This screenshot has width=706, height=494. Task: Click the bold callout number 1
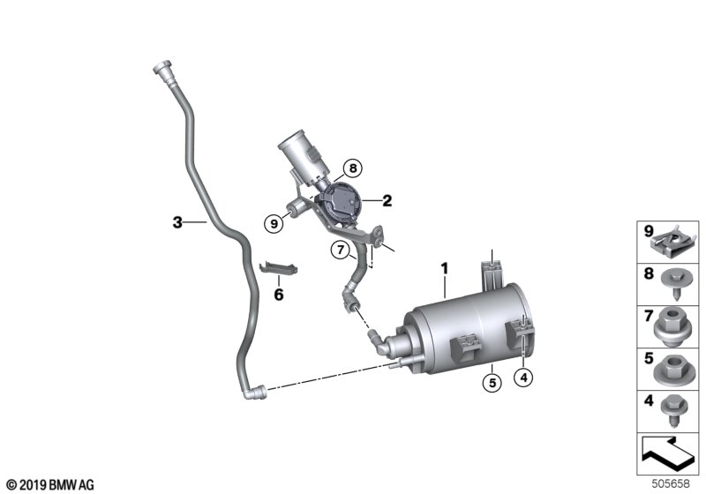(446, 267)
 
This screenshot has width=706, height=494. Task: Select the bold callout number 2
(387, 200)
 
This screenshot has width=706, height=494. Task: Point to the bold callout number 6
(278, 295)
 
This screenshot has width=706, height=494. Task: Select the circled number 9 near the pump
(275, 224)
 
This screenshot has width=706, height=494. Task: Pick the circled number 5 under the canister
(491, 382)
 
